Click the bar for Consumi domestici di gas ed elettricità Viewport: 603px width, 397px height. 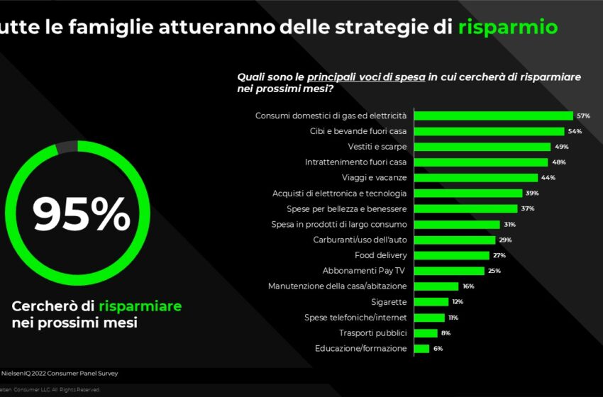point(493,116)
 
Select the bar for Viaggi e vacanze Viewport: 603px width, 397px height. point(475,177)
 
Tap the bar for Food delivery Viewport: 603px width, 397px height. point(451,255)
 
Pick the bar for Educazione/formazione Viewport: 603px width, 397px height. point(421,348)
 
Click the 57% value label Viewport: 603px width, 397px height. point(584,116)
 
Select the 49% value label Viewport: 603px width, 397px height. point(561,147)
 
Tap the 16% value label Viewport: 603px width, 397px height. point(468,286)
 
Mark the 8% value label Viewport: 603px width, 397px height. point(446,332)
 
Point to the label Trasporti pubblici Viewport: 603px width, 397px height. point(373,332)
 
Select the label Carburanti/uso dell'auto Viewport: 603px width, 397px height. point(360,240)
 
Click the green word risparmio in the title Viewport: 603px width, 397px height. point(507,28)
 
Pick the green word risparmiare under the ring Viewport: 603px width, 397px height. point(140,306)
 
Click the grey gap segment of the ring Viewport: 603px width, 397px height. point(66,145)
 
